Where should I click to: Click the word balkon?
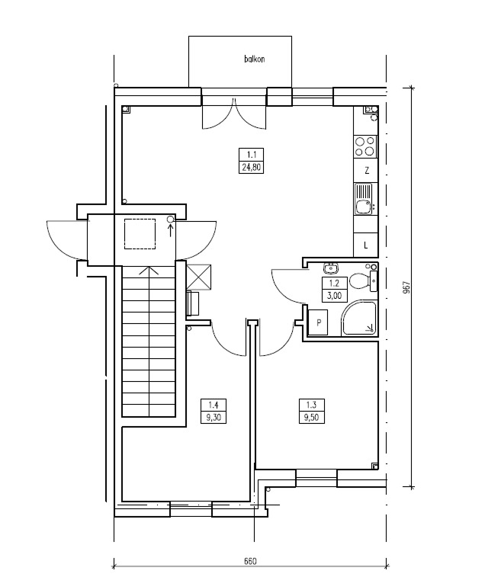tap(255, 59)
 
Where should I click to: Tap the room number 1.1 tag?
tap(252, 155)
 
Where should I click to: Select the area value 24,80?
tap(252, 168)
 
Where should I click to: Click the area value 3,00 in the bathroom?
tap(334, 296)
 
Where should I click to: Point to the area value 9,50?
tap(311, 417)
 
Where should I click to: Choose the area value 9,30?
tap(214, 417)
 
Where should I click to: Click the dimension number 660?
tap(250, 561)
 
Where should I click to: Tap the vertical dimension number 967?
tap(406, 287)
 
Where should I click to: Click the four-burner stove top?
tap(365, 146)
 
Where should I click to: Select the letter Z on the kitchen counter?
tap(367, 171)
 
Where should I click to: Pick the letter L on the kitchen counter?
tap(366, 245)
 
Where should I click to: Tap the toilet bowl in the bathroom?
tap(359, 281)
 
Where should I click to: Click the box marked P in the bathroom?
tap(317, 322)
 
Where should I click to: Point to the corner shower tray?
tap(359, 319)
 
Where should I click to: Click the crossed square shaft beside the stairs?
tap(199, 277)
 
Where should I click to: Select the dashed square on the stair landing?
tap(140, 234)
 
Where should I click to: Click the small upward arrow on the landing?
tap(171, 230)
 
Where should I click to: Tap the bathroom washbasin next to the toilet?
tap(331, 268)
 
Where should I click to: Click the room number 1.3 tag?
tap(311, 406)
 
